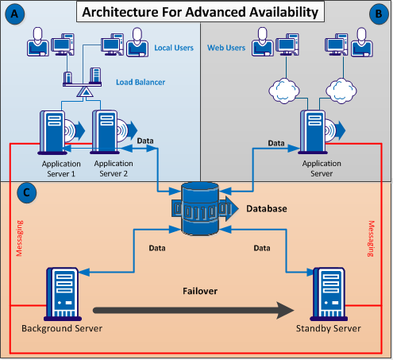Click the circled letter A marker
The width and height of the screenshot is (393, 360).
(14, 14)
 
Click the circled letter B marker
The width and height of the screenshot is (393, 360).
(377, 14)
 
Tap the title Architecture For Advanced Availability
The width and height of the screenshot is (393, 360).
(197, 12)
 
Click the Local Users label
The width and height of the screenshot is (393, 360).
(175, 48)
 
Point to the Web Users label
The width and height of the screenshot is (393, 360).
(225, 48)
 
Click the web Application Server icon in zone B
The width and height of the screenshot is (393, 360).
(315, 130)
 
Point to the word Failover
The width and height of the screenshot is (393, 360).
(198, 291)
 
